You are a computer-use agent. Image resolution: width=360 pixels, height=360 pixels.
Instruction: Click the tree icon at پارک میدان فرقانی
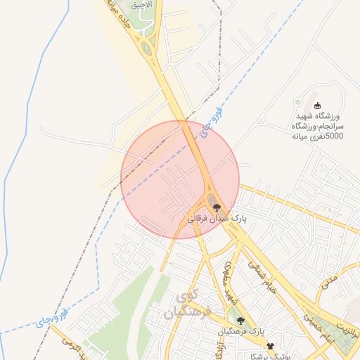coord(217,207)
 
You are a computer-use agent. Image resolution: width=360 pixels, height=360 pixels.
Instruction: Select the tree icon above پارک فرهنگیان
coord(240,321)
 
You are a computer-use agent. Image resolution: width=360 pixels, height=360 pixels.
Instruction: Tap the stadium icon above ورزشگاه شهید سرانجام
coord(317,105)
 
